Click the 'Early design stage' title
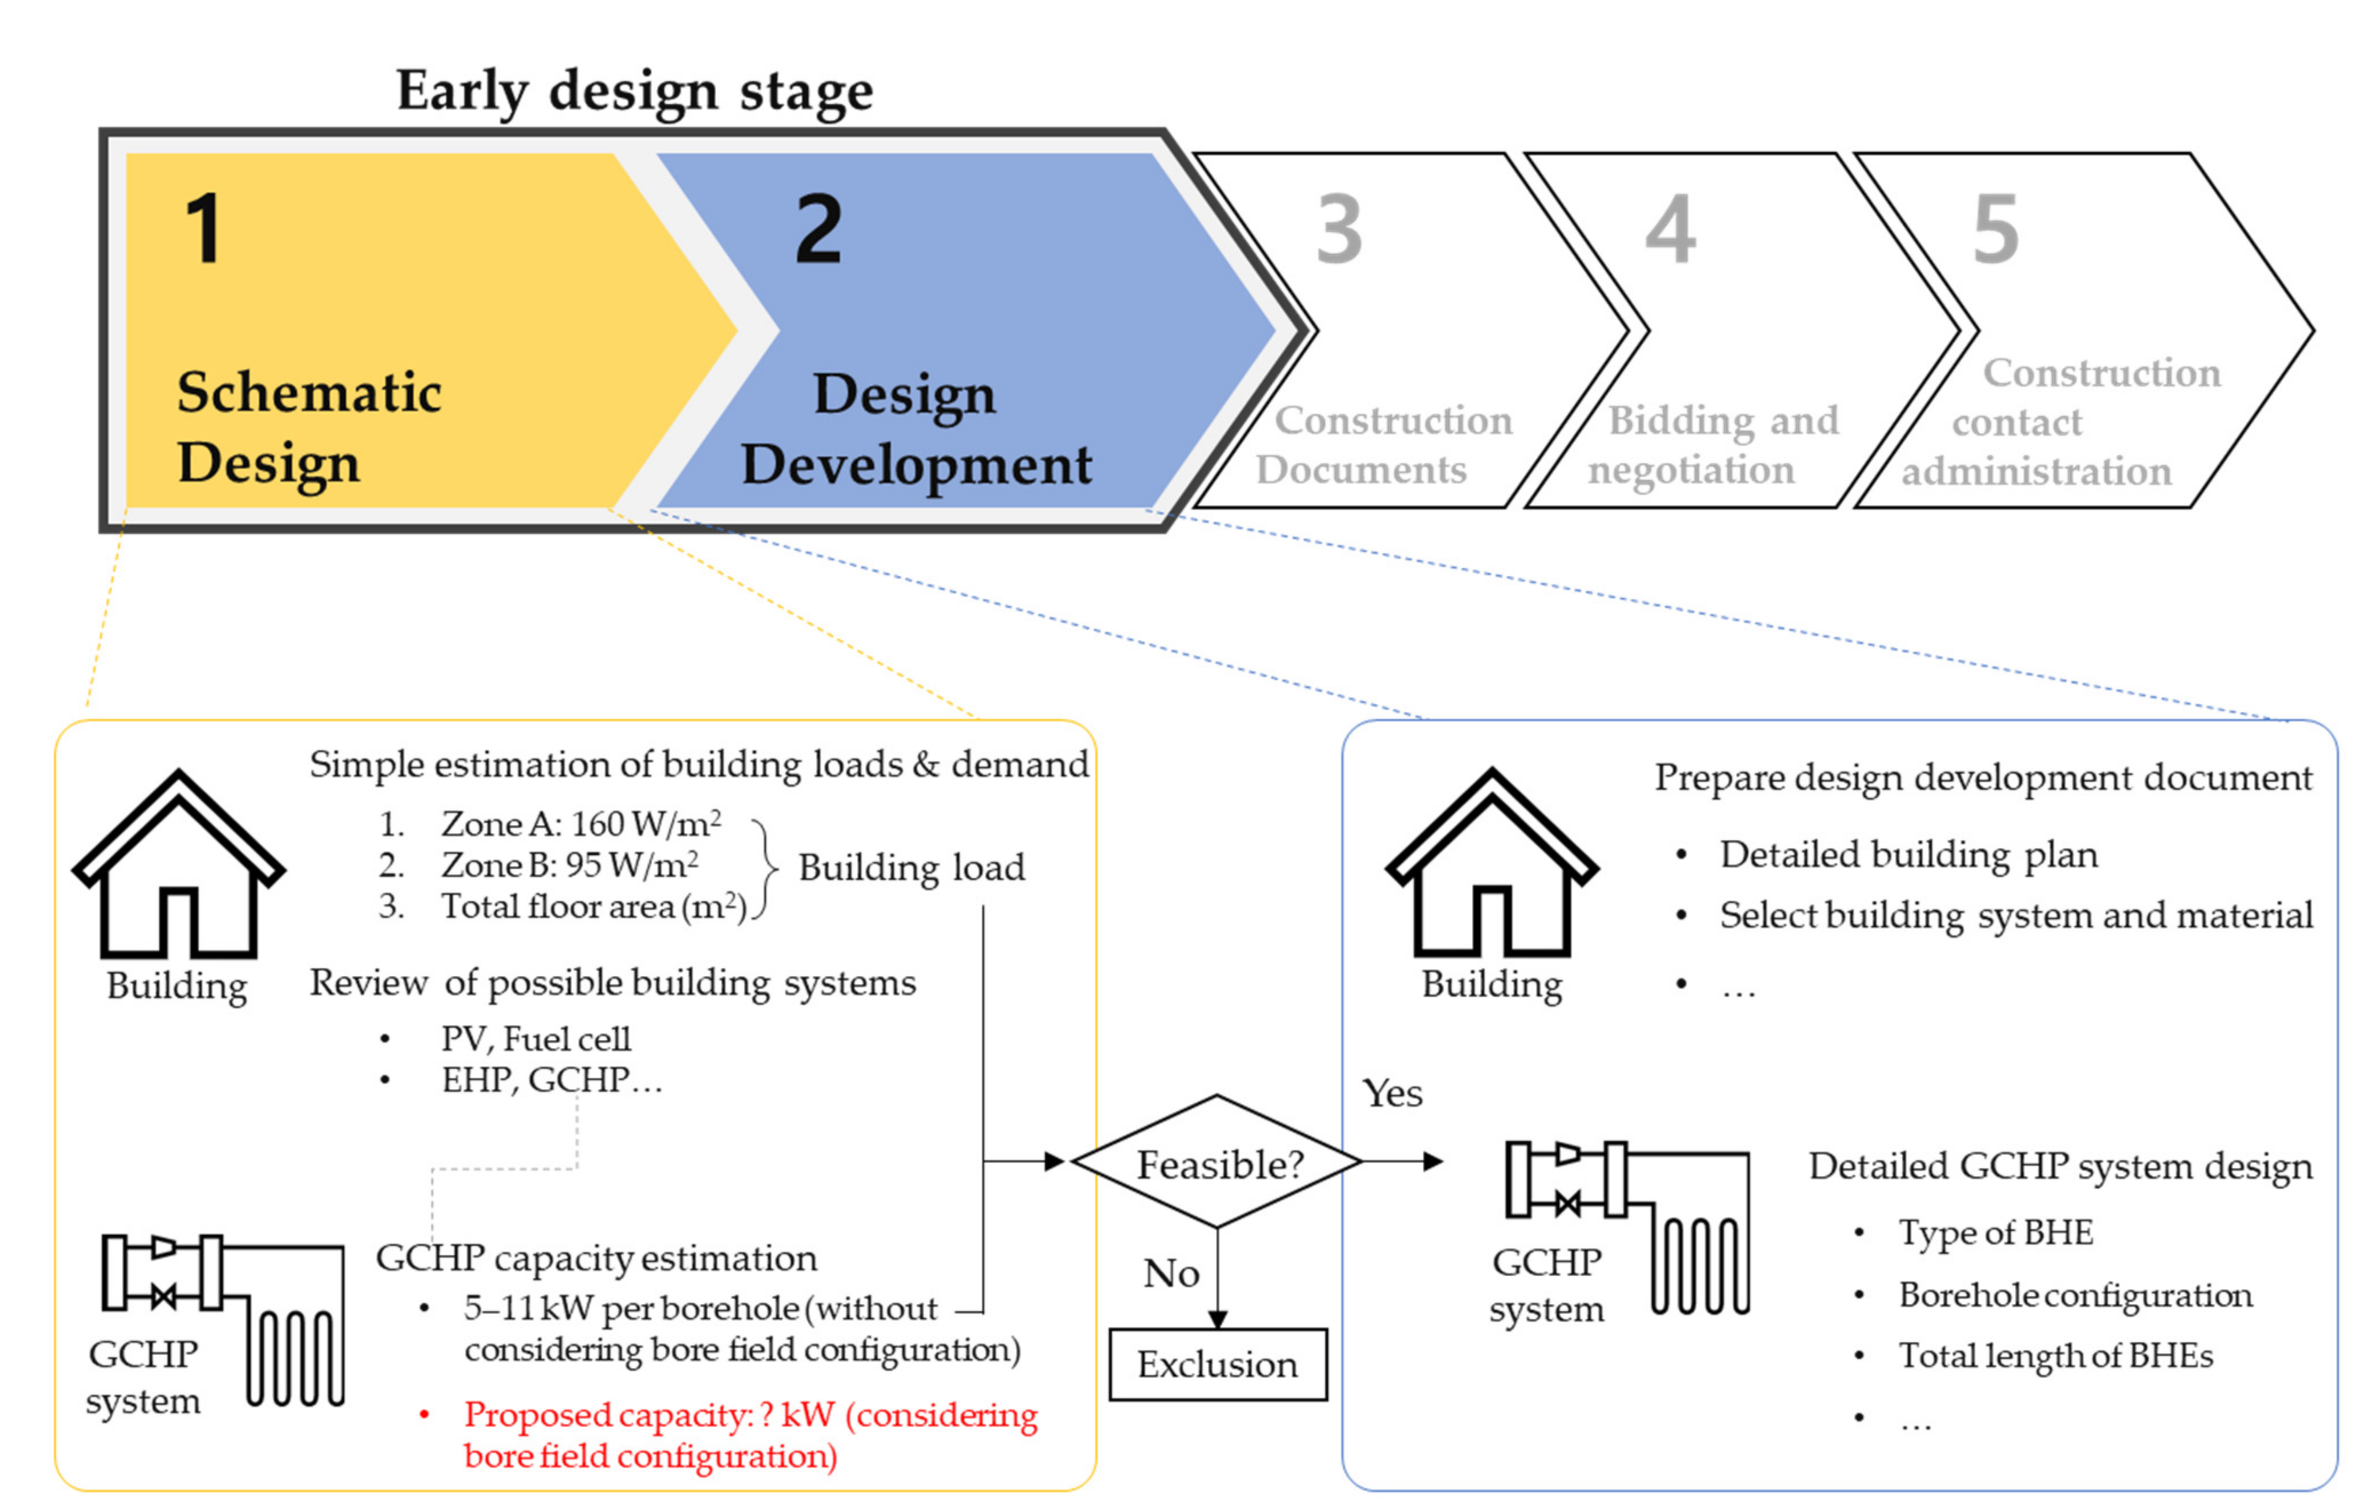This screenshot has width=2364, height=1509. click(x=634, y=91)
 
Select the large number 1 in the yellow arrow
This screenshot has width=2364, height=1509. click(x=204, y=229)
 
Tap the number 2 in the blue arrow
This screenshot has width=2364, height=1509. click(x=818, y=229)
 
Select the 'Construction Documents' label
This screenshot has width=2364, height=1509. click(x=1384, y=445)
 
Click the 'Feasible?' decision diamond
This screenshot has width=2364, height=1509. click(x=1217, y=1163)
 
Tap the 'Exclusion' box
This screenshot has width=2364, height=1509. click(x=1217, y=1365)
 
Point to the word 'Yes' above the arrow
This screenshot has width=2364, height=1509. click(x=1392, y=1093)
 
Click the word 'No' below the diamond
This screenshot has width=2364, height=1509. click(x=1171, y=1274)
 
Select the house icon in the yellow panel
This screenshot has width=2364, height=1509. click(x=179, y=864)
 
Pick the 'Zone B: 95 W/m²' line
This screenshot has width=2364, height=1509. click(x=569, y=865)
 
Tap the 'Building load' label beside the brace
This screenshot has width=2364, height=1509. click(x=911, y=868)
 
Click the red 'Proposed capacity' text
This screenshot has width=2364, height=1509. click(x=750, y=1434)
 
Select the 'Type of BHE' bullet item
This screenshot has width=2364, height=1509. click(x=1995, y=1232)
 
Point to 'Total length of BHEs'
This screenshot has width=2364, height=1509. click(x=2056, y=1356)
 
